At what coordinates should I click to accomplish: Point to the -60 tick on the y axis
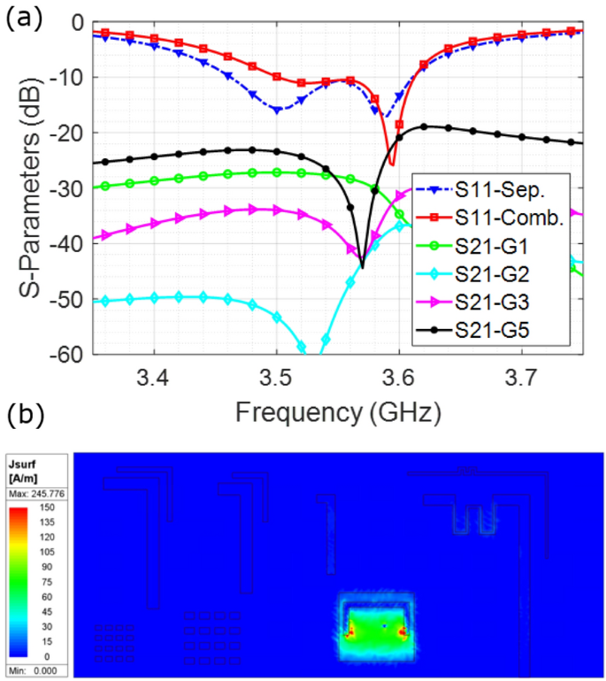click(71, 355)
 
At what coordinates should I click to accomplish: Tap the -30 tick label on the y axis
click(71, 188)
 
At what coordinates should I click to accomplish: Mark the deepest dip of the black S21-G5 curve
click(362, 266)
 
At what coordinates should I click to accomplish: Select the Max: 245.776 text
click(34, 494)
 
